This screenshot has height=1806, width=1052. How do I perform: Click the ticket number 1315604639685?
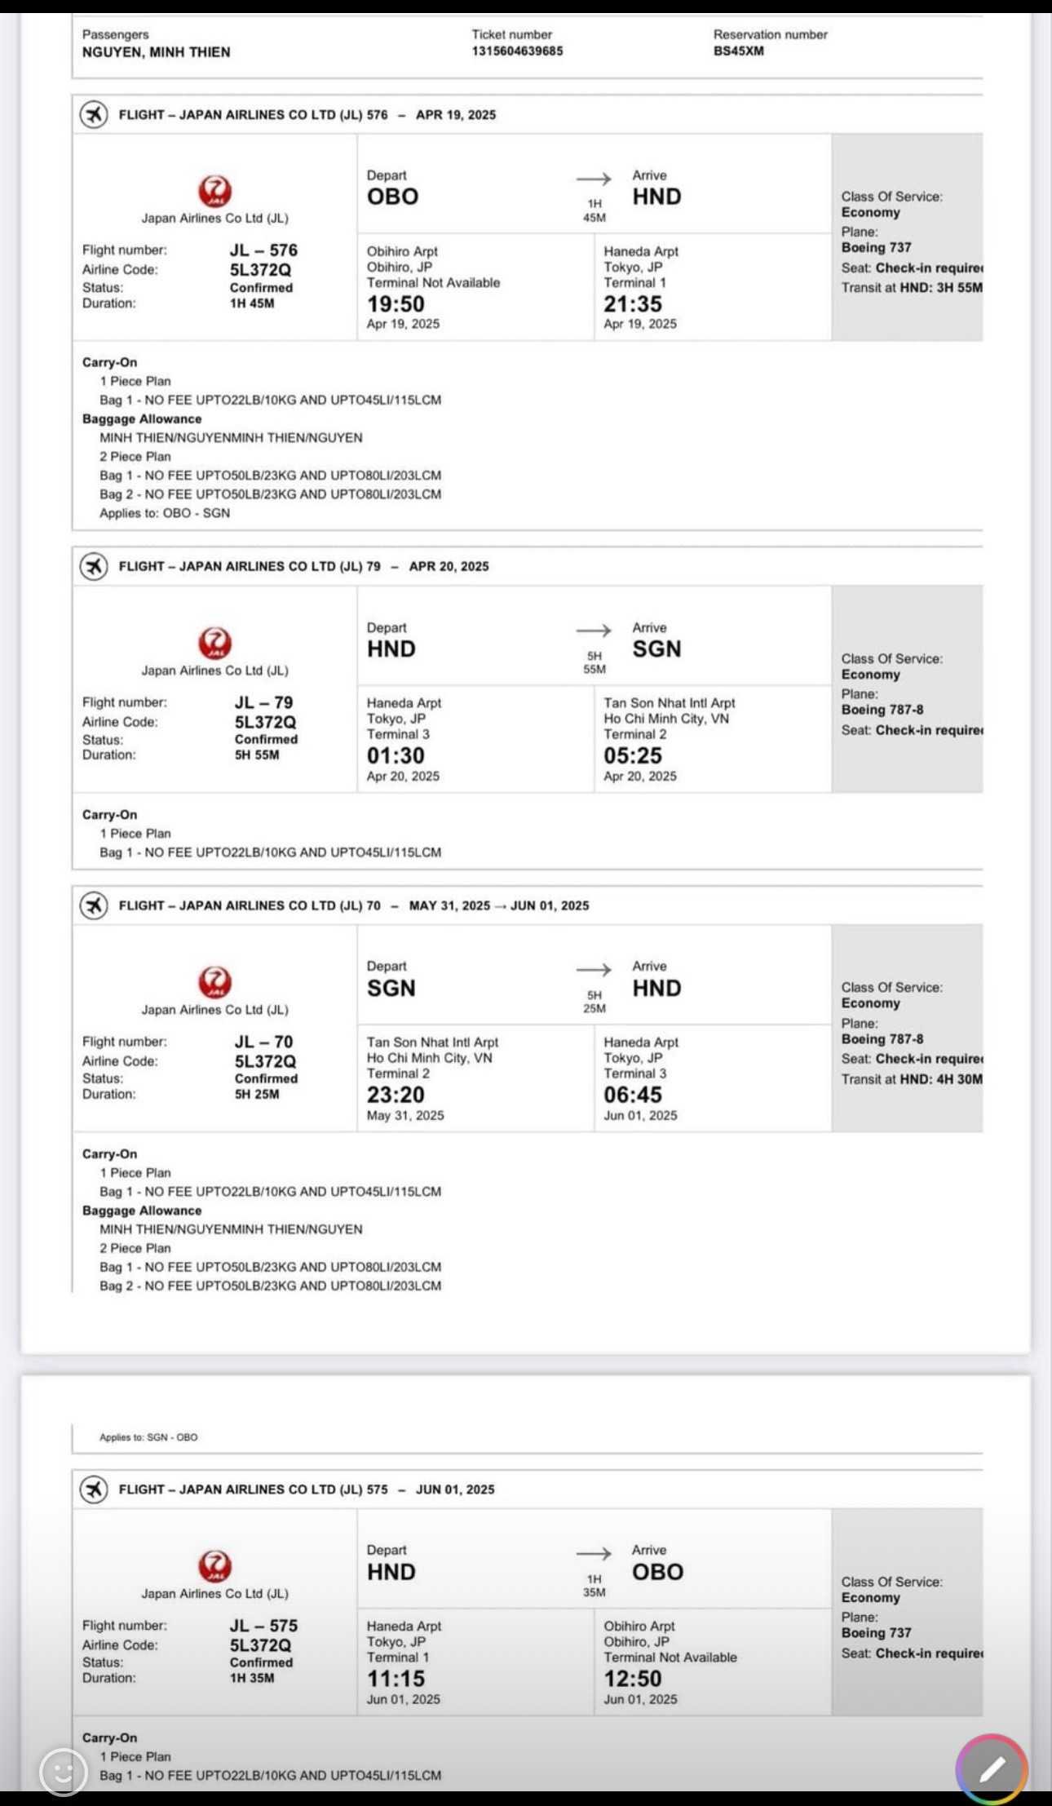(x=517, y=51)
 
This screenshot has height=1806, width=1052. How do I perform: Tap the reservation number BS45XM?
(x=738, y=51)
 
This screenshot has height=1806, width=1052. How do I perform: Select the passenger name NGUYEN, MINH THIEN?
(x=156, y=52)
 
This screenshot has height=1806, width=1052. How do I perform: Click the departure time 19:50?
(x=396, y=304)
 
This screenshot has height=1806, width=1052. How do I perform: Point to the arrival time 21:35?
(x=633, y=304)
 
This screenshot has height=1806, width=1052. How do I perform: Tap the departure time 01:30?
(x=396, y=756)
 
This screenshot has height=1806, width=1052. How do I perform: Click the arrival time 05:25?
(x=633, y=756)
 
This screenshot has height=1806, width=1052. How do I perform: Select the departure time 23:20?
(x=396, y=1096)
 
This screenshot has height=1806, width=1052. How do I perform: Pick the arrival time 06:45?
(x=633, y=1096)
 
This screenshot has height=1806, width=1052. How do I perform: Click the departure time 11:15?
(x=396, y=1679)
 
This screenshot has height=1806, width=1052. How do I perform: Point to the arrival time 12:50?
(x=633, y=1679)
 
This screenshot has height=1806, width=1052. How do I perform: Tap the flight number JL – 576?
(x=263, y=250)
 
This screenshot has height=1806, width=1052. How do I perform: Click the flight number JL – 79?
(x=263, y=702)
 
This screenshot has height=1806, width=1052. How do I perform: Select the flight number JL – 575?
(x=263, y=1625)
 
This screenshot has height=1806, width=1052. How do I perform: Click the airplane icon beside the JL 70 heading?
(x=94, y=905)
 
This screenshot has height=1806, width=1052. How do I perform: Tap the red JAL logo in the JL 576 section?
(x=215, y=192)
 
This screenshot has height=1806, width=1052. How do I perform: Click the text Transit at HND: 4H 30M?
(x=912, y=1079)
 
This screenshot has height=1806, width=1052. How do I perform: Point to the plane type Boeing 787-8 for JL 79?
(x=882, y=710)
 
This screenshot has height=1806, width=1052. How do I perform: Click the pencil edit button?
(x=991, y=1769)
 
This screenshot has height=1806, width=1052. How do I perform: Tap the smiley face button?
(x=63, y=1771)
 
